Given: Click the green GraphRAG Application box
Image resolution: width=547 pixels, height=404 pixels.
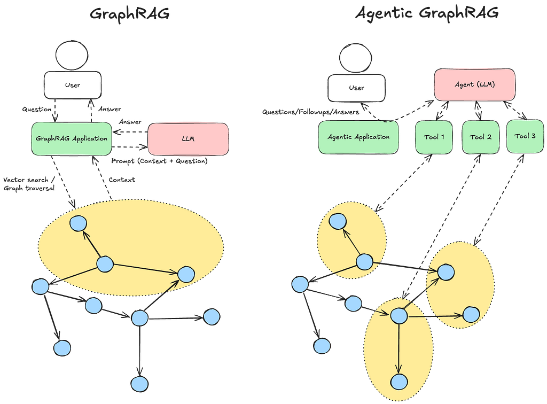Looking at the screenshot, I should pos(72,138).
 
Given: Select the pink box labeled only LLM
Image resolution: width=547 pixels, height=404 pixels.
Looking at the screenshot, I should pos(188,138).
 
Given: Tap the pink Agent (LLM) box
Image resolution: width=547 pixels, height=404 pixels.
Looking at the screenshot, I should pos(474,84).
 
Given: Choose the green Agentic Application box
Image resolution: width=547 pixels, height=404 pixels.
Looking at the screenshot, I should pos(358,136).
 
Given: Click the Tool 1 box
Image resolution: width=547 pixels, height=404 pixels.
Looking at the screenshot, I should pos(434,136).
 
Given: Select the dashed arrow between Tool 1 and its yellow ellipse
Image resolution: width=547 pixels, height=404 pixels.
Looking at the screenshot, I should pos(404,182).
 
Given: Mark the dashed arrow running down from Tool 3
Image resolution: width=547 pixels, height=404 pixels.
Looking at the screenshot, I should pos(497,197).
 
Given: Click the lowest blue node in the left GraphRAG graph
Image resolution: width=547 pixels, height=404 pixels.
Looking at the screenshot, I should pos(139,384).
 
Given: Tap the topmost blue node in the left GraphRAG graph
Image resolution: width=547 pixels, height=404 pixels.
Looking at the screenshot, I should pos(79,222).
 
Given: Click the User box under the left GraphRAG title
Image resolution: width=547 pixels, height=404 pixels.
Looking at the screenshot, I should pos(72,84).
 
